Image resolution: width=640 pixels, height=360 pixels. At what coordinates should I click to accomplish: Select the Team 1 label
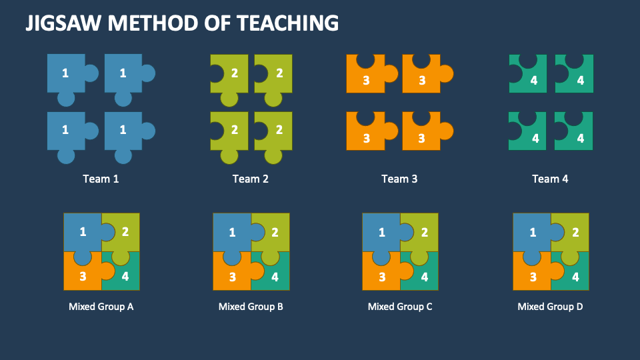(x=101, y=179)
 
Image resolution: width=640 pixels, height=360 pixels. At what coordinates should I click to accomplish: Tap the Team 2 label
(x=250, y=179)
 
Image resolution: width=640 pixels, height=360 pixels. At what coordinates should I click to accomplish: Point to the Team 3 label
(x=399, y=179)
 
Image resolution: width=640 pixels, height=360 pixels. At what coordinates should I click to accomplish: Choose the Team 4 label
(x=550, y=179)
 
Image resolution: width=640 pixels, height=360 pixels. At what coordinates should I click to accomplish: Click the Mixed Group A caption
(x=101, y=307)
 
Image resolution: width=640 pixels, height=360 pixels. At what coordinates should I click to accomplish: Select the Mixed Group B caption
(x=251, y=307)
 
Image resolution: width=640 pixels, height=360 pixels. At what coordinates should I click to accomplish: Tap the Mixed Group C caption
(x=400, y=307)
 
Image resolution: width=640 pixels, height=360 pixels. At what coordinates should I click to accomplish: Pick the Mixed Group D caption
(x=550, y=307)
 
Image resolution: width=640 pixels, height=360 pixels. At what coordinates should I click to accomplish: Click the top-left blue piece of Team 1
(x=65, y=73)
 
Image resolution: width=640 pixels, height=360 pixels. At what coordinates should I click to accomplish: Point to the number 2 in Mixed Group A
(x=125, y=231)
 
